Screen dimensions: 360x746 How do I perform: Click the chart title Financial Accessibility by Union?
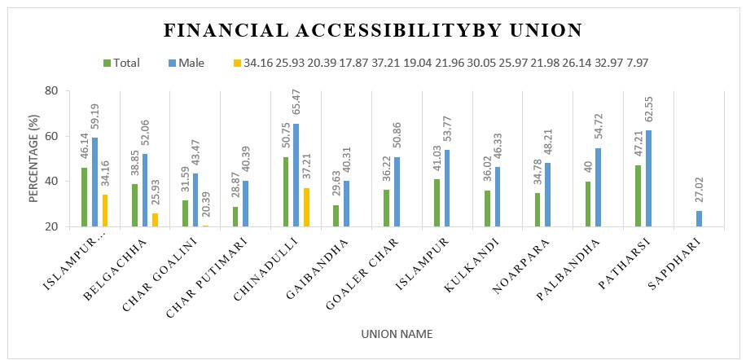[x=373, y=31]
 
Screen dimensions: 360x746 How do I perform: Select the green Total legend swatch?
[x=107, y=63]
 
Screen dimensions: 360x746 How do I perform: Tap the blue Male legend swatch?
[x=172, y=63]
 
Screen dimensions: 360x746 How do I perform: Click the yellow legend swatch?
[x=237, y=63]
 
